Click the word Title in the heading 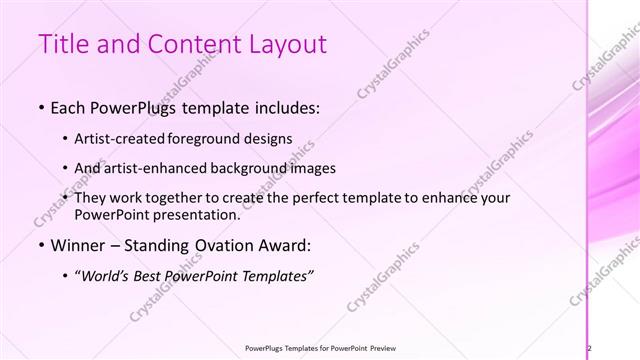63,44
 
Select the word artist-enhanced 150,168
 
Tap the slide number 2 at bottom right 590,348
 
